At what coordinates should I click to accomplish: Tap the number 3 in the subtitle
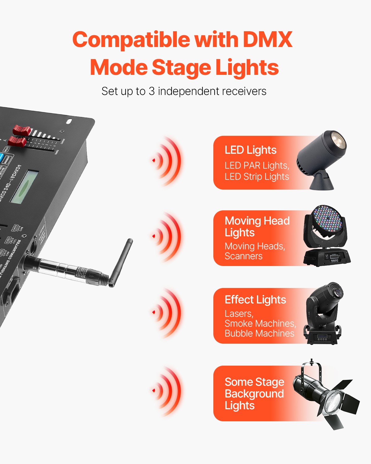(151, 91)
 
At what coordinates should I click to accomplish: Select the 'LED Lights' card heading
(250, 150)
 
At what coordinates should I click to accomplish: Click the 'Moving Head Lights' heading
(257, 226)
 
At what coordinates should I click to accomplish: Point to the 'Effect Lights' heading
(255, 300)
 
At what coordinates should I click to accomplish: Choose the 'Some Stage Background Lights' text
(254, 393)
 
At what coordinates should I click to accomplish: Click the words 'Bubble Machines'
(259, 333)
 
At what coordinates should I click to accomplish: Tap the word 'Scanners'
(244, 256)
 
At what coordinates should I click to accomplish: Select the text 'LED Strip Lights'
(257, 177)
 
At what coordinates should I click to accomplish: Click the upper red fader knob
(21, 130)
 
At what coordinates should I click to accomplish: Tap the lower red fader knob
(17, 142)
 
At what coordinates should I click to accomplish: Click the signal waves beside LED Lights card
(167, 161)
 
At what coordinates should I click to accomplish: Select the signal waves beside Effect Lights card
(167, 312)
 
